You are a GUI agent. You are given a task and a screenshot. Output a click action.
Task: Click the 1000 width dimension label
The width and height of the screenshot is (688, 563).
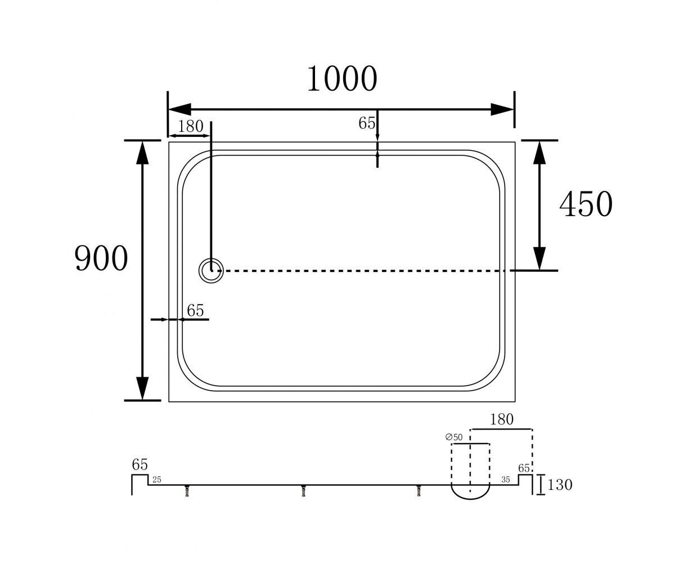342,79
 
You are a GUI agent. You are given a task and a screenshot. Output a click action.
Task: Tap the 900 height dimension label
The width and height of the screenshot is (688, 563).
101,258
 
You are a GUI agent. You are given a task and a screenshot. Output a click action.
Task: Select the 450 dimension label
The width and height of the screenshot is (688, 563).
586,204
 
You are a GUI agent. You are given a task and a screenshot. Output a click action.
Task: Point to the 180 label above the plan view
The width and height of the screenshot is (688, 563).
191,126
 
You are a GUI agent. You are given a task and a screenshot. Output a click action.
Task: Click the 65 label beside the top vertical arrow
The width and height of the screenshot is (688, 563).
367,123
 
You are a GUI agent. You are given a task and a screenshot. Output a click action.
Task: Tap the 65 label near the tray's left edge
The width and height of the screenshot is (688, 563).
195,310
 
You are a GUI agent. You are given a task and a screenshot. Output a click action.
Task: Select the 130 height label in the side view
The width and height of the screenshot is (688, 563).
560,485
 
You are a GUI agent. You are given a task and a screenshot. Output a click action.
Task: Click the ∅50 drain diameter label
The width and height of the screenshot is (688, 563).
454,437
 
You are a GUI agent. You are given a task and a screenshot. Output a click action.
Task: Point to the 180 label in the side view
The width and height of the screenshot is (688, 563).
502,419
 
